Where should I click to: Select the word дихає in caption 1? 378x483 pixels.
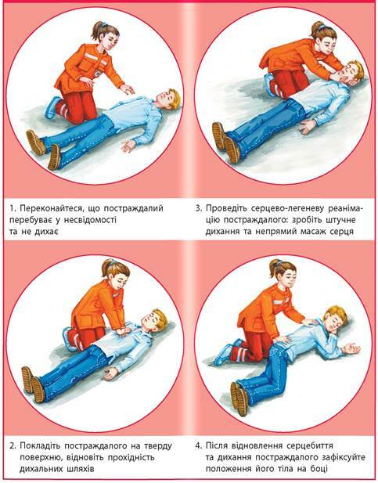click(x=44, y=232)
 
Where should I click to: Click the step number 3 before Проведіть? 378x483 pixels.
click(x=198, y=208)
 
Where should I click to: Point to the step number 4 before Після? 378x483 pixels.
click(x=198, y=445)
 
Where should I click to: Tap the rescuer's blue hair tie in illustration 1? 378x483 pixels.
click(x=104, y=24)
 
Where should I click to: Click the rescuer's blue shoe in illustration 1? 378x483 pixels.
click(x=52, y=107)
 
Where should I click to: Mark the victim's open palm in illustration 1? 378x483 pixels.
click(x=128, y=146)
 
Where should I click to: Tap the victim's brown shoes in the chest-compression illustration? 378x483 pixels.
click(x=32, y=384)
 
